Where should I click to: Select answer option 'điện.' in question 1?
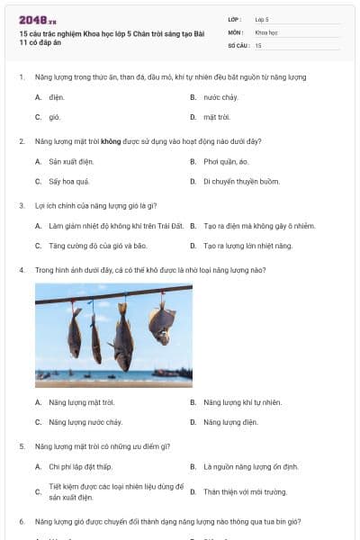click(57, 96)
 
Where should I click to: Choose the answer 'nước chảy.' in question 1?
click(220, 96)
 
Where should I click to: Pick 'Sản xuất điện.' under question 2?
click(71, 161)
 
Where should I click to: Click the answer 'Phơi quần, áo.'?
click(226, 161)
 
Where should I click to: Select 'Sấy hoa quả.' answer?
click(67, 182)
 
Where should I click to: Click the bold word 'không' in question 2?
click(111, 141)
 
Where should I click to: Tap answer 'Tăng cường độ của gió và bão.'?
click(97, 246)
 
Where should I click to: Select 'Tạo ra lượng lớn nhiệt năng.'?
click(247, 246)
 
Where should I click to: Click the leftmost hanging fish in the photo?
click(75, 333)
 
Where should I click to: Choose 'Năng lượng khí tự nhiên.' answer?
click(242, 401)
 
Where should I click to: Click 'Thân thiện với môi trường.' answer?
click(245, 492)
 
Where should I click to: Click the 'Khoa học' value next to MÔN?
click(266, 31)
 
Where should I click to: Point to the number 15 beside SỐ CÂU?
click(258, 45)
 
